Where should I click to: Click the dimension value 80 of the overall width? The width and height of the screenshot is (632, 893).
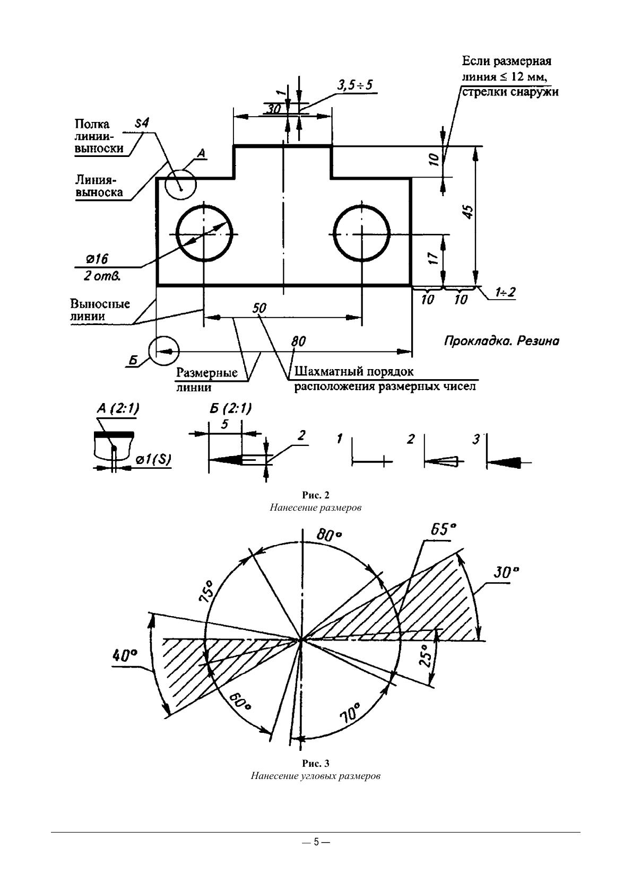pyautogui.click(x=298, y=342)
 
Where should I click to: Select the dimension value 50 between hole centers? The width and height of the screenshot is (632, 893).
pyautogui.click(x=259, y=308)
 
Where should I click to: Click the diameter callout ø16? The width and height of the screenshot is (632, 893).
pyautogui.click(x=97, y=259)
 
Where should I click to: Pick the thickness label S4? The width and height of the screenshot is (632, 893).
pyautogui.click(x=141, y=123)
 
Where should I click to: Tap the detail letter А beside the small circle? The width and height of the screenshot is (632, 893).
pyautogui.click(x=202, y=153)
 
